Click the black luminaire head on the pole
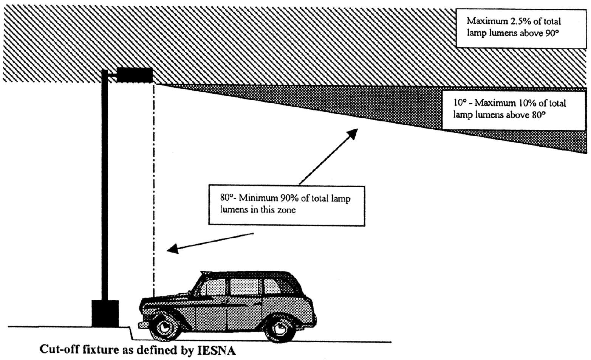(135, 75)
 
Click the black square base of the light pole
(105, 313)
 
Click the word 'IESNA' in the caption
(216, 351)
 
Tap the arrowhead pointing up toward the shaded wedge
(352, 134)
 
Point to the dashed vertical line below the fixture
(154, 190)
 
